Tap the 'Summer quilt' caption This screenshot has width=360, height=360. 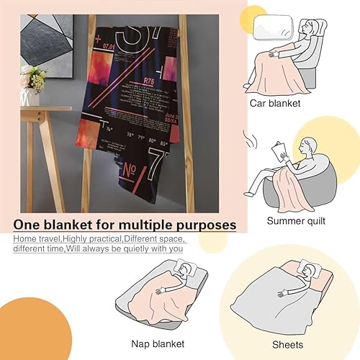(x=295, y=221)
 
